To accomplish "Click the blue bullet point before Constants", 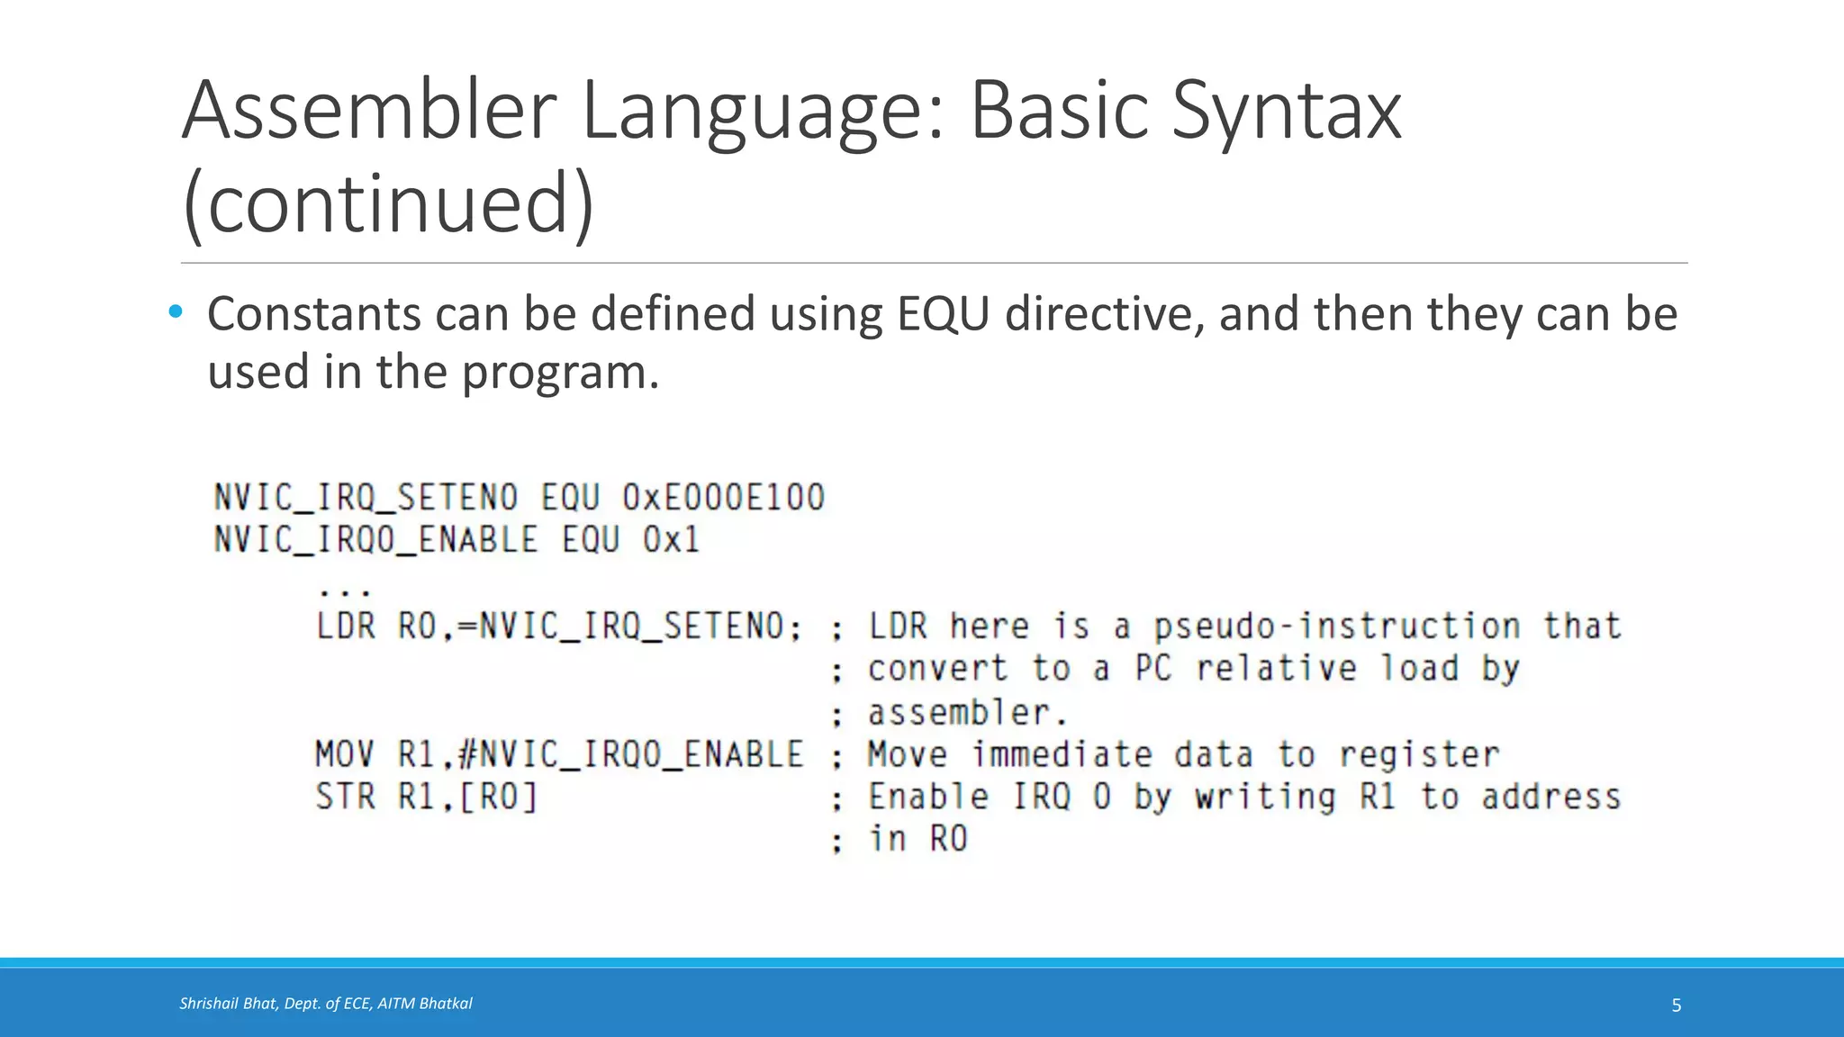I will point(176,312).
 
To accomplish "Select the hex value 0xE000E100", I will point(723,498).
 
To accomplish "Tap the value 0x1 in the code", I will point(671,540).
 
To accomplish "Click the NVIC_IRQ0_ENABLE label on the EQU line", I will point(375,540).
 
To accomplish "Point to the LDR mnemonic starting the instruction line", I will point(346,626).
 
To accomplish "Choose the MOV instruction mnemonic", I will point(345,754).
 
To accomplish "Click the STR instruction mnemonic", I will point(345,797).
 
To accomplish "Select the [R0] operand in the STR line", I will point(498,797).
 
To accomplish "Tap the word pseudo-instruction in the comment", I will point(1337,626).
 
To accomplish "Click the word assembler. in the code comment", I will point(967,713).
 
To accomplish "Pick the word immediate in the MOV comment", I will point(1062,754).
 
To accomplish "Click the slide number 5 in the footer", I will point(1676,1005).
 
